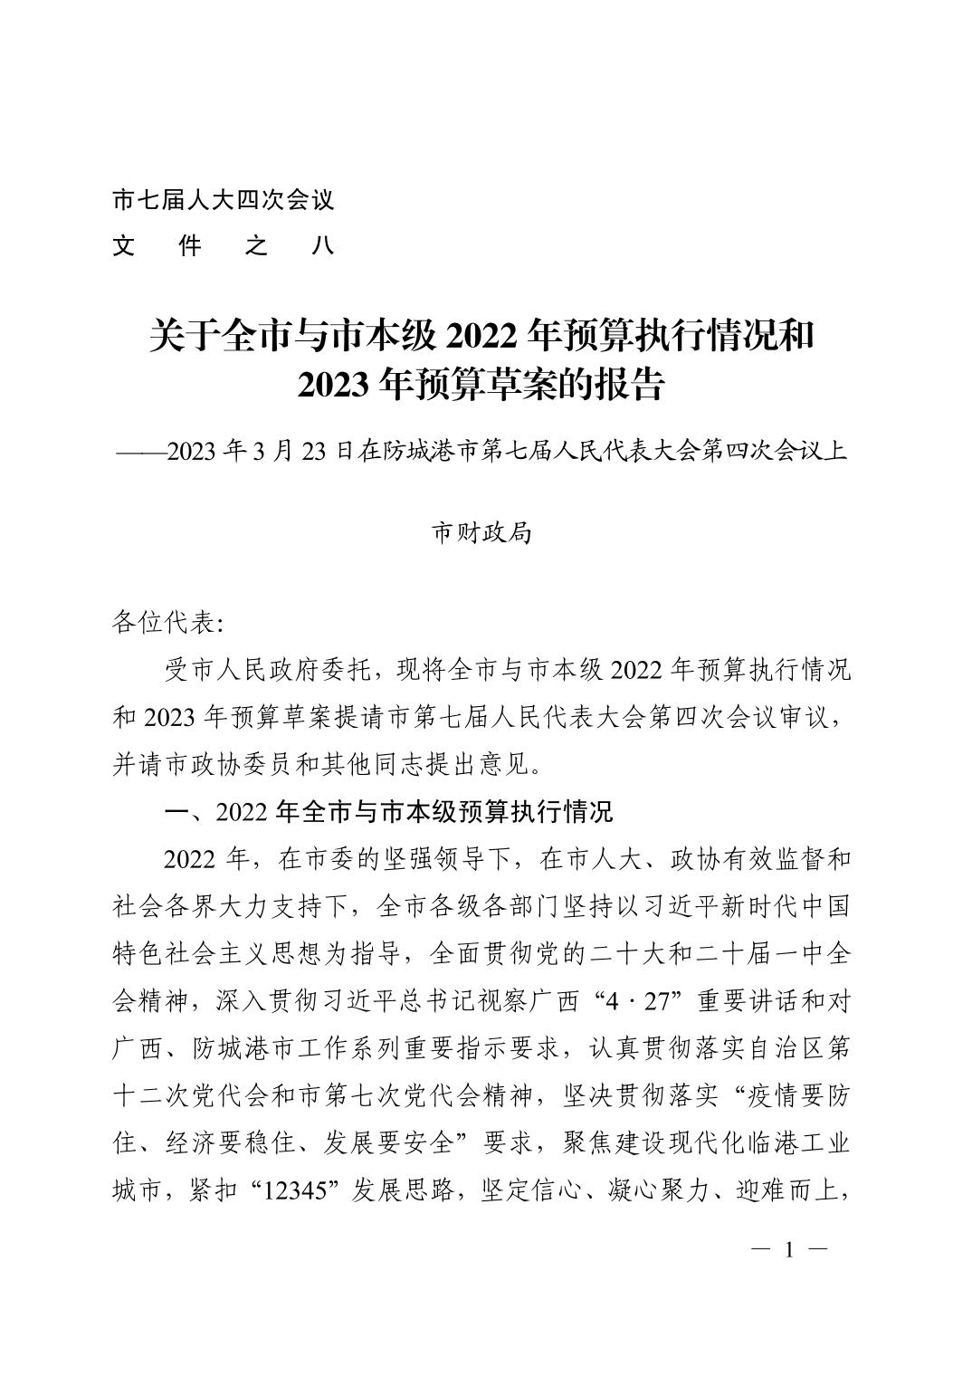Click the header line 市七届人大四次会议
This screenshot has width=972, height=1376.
click(223, 199)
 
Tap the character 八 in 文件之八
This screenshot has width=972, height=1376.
click(322, 245)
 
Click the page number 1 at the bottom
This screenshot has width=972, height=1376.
click(789, 1251)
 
